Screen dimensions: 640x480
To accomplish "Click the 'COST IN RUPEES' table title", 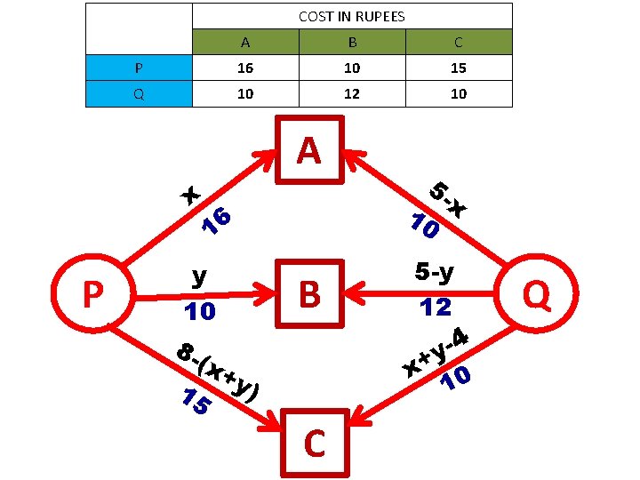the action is point(352,16).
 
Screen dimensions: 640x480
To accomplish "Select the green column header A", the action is point(245,42).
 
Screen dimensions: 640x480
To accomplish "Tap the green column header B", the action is point(352,42).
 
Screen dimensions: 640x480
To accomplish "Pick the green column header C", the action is point(458,42).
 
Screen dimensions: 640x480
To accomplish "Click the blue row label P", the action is point(139,68).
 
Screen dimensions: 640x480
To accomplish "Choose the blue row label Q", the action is point(139,93).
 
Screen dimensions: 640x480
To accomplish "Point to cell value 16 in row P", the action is point(245,68).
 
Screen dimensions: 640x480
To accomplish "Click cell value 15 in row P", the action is point(458,68).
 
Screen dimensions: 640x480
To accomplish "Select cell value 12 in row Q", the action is point(352,93).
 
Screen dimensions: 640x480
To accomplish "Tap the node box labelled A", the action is point(309,151).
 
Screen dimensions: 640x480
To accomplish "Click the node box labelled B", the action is point(309,294).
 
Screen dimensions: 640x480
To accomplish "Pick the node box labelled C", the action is point(314,443).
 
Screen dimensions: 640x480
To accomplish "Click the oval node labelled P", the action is point(92,294).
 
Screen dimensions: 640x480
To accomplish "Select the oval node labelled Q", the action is point(536,294).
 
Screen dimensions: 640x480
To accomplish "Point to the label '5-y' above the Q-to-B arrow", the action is point(435,271).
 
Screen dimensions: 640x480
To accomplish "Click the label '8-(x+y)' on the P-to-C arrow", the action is point(217,371).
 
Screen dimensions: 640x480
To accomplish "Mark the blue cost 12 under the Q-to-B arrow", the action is point(436,308).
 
